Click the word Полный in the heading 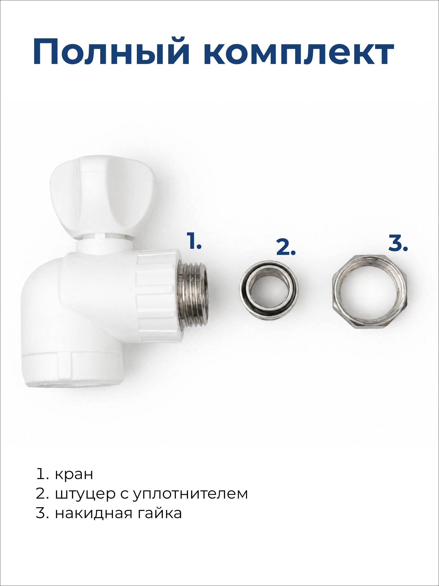[111, 52]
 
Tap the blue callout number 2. [286, 247]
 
